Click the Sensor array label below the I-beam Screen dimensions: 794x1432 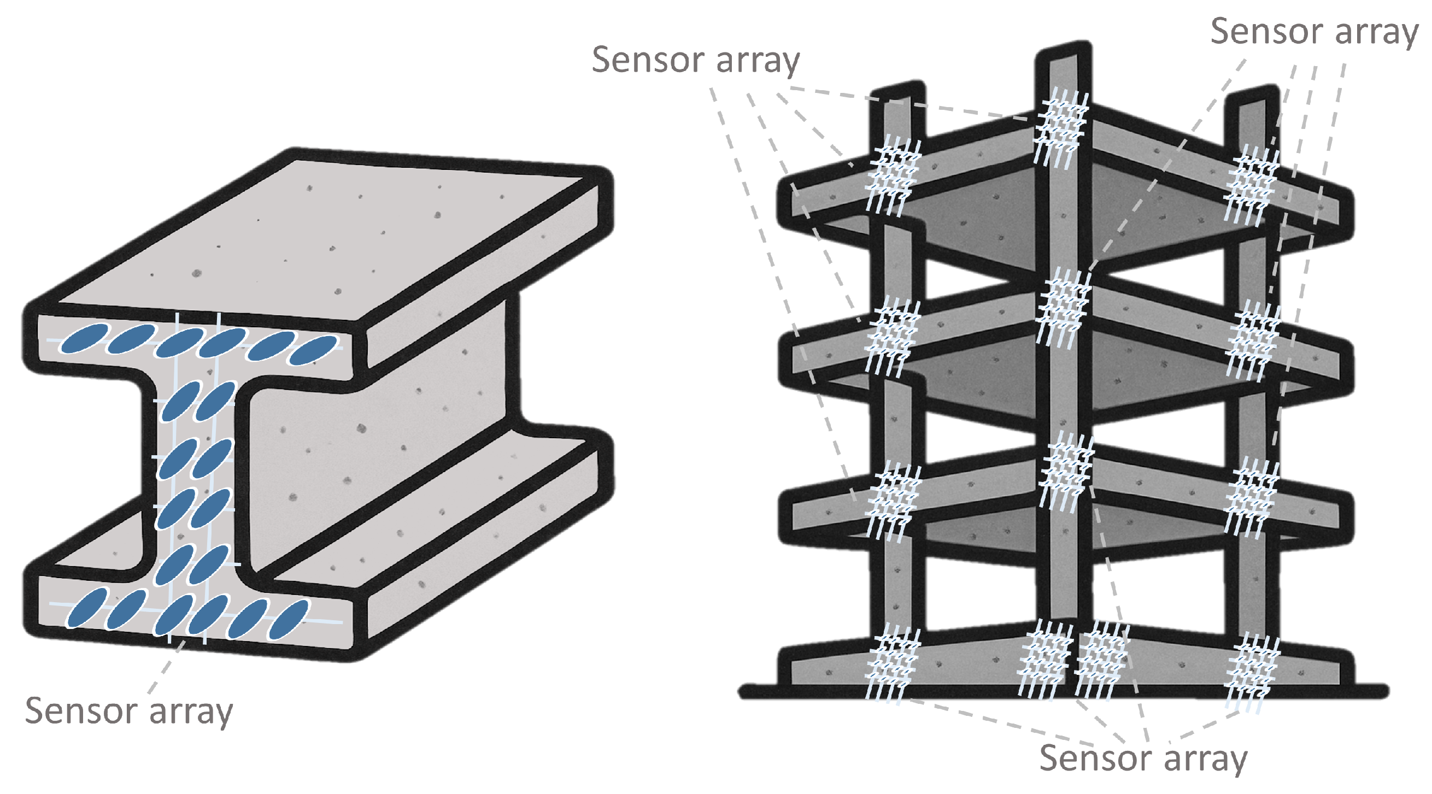coord(129,711)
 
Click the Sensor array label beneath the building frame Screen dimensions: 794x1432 coord(1143,758)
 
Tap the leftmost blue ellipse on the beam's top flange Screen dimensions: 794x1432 coord(84,339)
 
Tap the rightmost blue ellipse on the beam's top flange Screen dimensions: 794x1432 coord(314,350)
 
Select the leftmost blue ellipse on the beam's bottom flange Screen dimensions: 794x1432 coord(87,608)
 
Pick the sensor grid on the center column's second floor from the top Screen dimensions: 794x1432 coord(1063,305)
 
